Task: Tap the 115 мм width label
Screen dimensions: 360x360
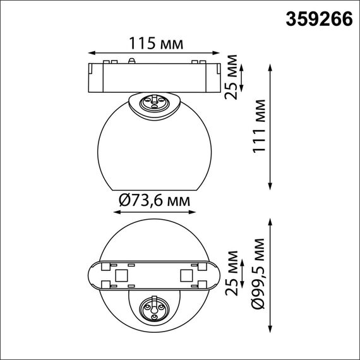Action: (x=156, y=44)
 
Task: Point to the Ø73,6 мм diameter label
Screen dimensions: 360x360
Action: (x=155, y=201)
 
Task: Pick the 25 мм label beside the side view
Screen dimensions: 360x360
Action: (x=232, y=77)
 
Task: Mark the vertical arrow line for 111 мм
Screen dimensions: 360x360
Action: (x=272, y=127)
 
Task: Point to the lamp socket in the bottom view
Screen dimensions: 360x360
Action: (x=154, y=308)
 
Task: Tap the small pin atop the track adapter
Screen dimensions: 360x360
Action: (x=131, y=61)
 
